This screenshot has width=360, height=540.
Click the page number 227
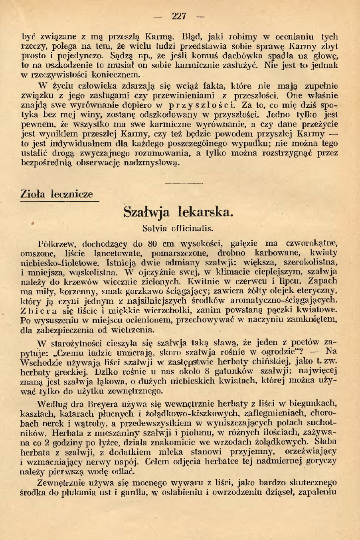179,16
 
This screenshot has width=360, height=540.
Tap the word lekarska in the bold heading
204,212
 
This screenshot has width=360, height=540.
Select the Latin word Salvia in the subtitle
155,229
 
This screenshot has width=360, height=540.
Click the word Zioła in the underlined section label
34,194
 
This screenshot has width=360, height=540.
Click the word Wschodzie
39,362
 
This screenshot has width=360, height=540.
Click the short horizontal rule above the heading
184,183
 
